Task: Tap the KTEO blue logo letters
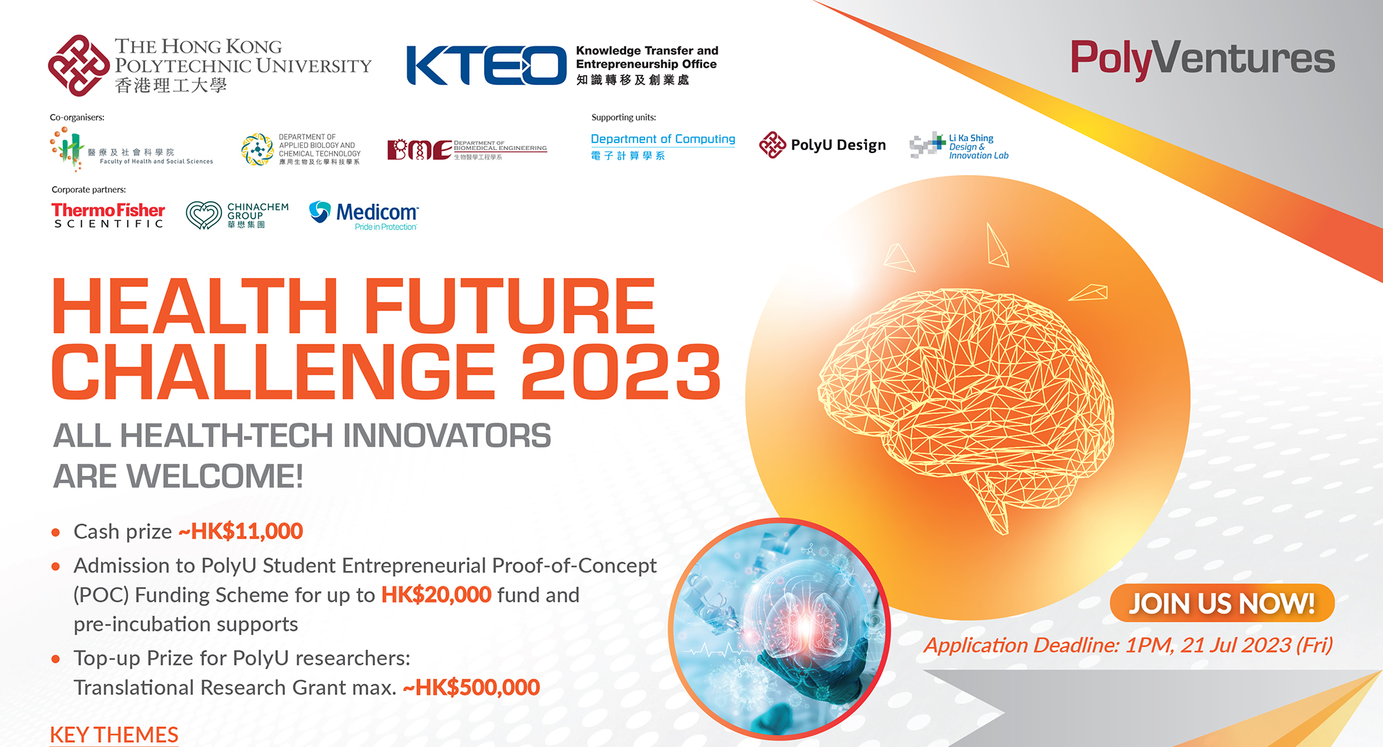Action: (x=486, y=66)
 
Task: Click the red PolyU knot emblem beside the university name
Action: (x=78, y=66)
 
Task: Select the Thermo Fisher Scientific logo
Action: (x=108, y=215)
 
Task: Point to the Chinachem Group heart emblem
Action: (x=203, y=215)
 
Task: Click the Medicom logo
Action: (x=364, y=215)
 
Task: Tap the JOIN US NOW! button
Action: (x=1221, y=603)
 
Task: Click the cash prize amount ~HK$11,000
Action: (x=241, y=531)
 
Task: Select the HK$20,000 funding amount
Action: (x=436, y=595)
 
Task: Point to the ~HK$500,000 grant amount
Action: (x=471, y=688)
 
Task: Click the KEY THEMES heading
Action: (x=114, y=735)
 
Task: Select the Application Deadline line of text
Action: (x=1128, y=645)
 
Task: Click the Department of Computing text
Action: (x=662, y=139)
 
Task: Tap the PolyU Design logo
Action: (x=822, y=145)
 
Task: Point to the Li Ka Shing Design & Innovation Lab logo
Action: (x=959, y=146)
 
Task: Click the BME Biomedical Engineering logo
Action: (x=467, y=149)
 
